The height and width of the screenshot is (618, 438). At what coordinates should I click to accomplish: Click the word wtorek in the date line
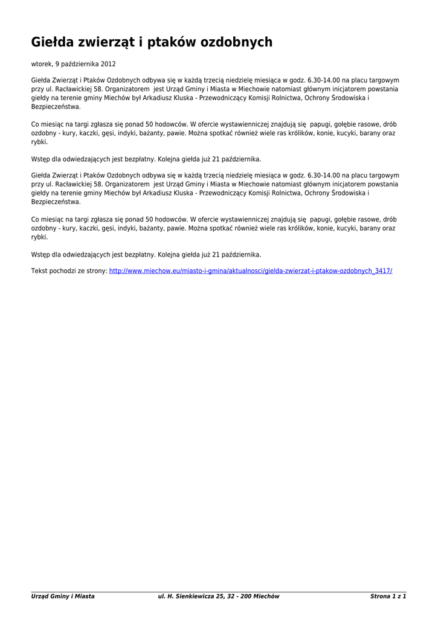[x=41, y=63]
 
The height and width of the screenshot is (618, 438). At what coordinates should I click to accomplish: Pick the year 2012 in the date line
[x=109, y=63]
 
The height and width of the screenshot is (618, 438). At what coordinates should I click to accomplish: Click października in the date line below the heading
[x=80, y=63]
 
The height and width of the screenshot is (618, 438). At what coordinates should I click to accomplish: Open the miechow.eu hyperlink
[x=251, y=271]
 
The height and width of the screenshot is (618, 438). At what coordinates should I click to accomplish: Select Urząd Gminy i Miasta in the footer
[x=63, y=596]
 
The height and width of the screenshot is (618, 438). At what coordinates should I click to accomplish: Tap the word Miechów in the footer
[x=266, y=596]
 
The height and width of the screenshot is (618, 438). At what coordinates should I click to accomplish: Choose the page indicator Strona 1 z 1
[x=388, y=596]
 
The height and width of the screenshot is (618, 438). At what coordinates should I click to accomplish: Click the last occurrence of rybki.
[x=39, y=237]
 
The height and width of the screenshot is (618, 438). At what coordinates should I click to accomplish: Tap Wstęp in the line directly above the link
[x=40, y=254]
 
